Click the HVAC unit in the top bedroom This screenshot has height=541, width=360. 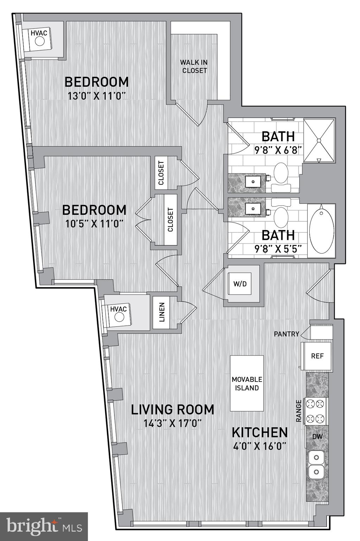pyautogui.click(x=39, y=38)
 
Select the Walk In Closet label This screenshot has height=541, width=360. pyautogui.click(x=194, y=66)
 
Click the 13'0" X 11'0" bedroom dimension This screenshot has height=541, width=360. pyautogui.click(x=96, y=96)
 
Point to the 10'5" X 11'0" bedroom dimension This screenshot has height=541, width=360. pyautogui.click(x=94, y=224)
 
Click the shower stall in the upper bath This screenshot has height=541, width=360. pyautogui.click(x=319, y=141)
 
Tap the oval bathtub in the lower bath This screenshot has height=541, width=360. pyautogui.click(x=321, y=231)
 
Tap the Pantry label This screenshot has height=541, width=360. pyautogui.click(x=286, y=334)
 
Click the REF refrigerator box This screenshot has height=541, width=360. pyautogui.click(x=317, y=356)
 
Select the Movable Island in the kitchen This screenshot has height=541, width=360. pyautogui.click(x=247, y=383)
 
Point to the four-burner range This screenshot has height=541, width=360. pyautogui.click(x=315, y=411)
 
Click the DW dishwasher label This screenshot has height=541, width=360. pyautogui.click(x=317, y=436)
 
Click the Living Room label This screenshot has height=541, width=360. pyautogui.click(x=172, y=409)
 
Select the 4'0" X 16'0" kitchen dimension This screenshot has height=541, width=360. pyautogui.click(x=259, y=446)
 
